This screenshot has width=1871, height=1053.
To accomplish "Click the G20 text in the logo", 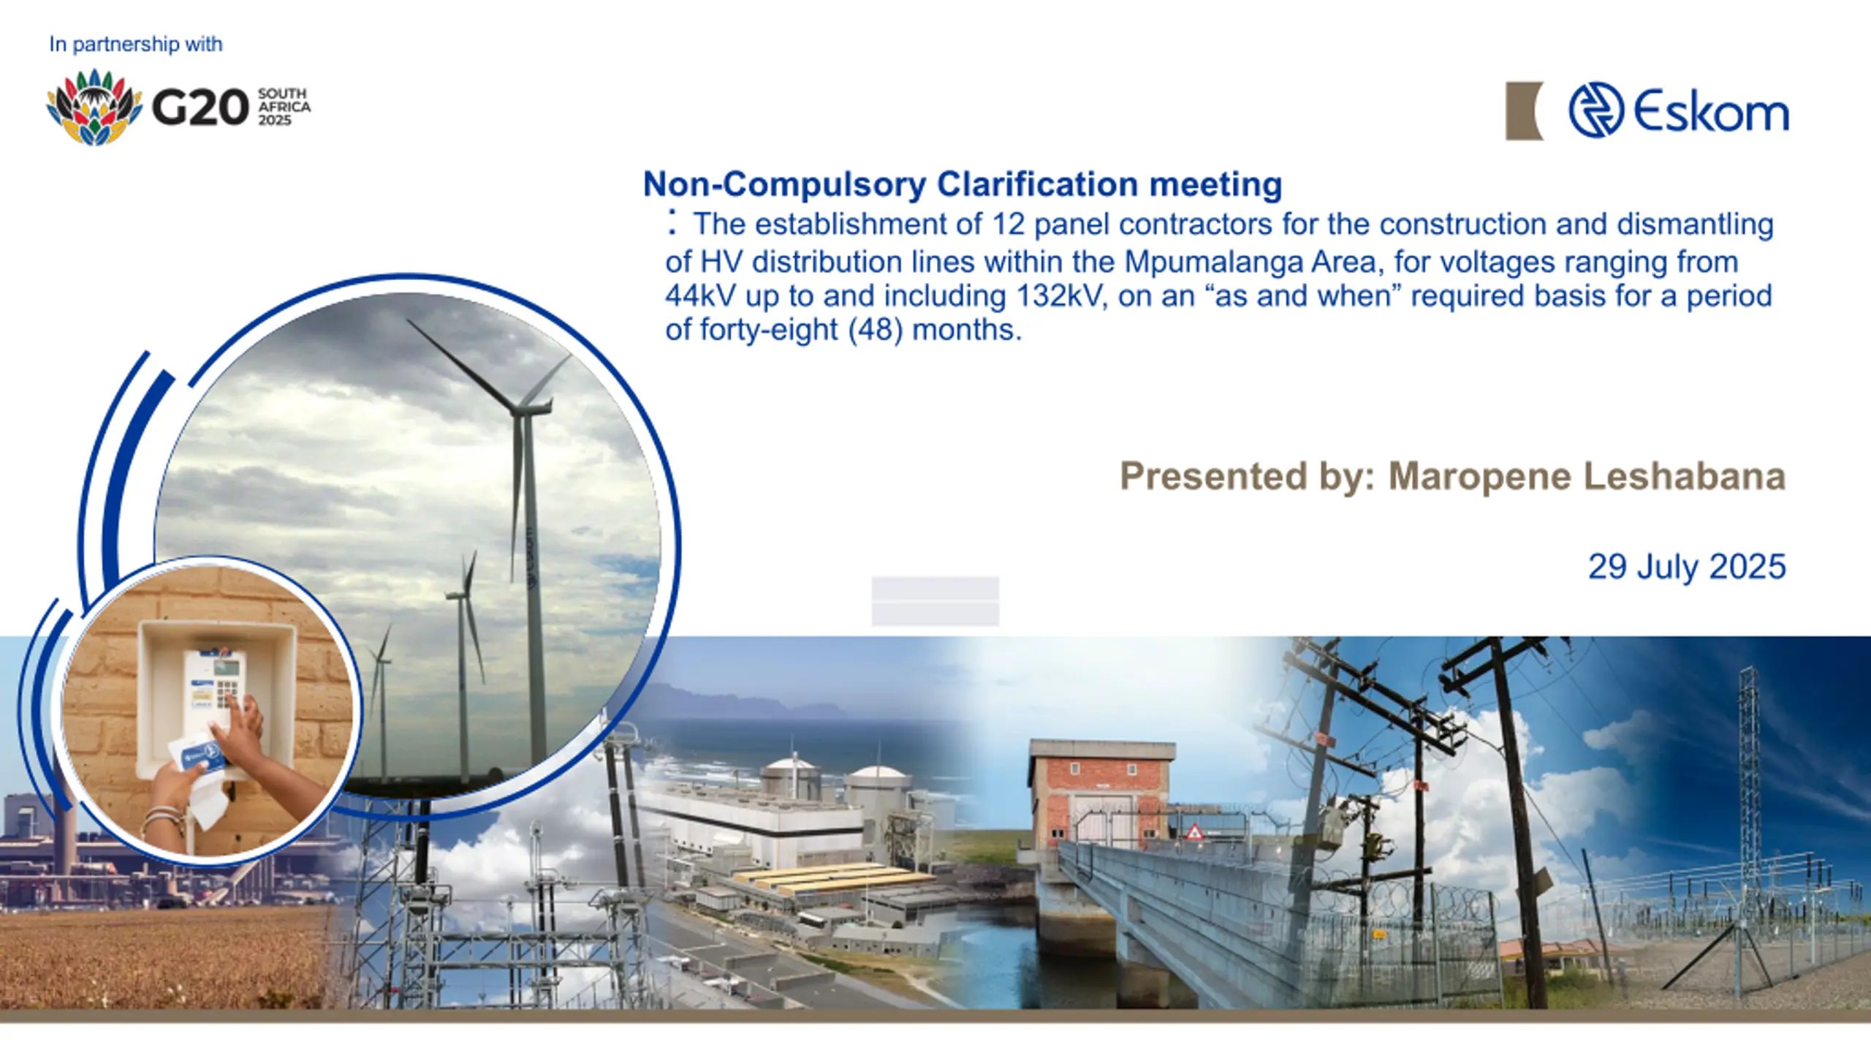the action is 200,107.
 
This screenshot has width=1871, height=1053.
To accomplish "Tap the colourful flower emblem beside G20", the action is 94,107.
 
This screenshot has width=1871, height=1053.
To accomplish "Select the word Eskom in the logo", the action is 1711,111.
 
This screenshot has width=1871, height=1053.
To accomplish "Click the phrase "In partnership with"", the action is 136,44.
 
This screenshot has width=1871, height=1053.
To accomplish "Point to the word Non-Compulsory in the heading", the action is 785,185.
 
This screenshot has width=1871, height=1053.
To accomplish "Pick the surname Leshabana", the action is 1685,476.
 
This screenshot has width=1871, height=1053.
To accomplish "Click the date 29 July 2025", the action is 1687,567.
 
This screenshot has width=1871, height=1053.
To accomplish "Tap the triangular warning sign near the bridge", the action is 1193,831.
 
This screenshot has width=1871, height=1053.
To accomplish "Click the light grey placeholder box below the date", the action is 935,601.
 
